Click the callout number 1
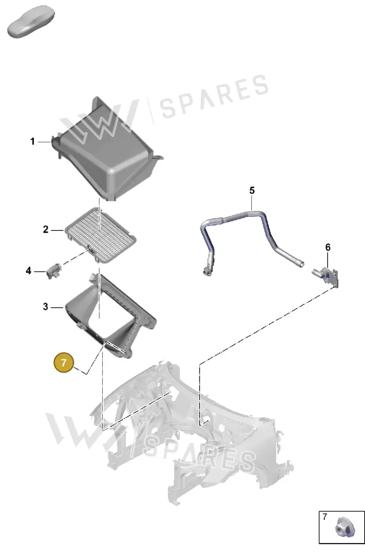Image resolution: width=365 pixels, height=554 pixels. (x=32, y=141)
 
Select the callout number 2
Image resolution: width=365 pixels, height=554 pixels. (x=46, y=229)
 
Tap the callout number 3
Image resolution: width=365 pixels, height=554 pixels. (x=46, y=307)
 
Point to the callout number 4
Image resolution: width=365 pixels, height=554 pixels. (x=29, y=271)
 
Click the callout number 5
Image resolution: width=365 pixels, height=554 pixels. (x=252, y=190)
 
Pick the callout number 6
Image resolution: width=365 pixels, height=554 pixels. (x=328, y=247)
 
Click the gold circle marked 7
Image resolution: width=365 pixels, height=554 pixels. (x=64, y=363)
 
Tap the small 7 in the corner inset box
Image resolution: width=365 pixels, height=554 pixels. (x=325, y=517)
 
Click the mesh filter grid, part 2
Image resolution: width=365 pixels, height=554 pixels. (x=100, y=235)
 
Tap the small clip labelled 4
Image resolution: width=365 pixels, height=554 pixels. (x=53, y=271)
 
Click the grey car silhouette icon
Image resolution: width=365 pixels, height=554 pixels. (x=31, y=21)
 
